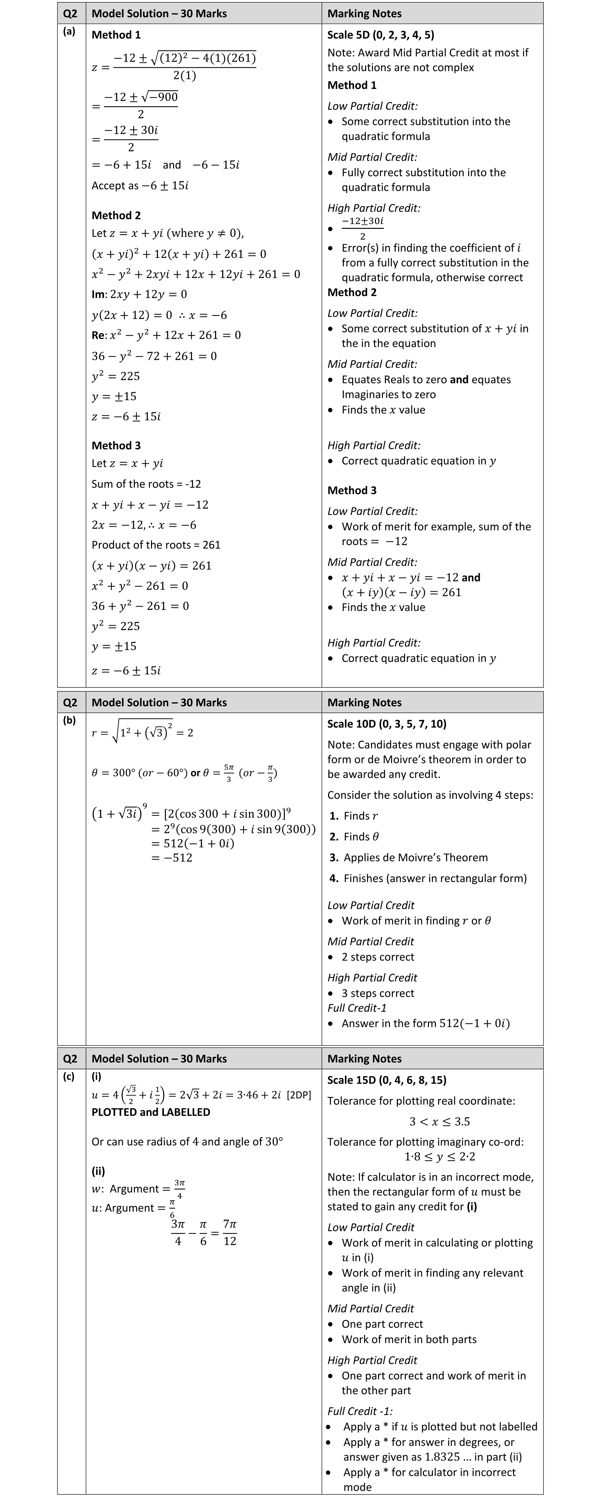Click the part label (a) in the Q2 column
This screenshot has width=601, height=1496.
pyautogui.click(x=69, y=32)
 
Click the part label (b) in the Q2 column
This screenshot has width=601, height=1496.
pyautogui.click(x=69, y=721)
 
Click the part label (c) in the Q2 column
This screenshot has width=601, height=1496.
pyautogui.click(x=69, y=1076)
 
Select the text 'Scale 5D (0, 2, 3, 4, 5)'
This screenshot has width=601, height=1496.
pyautogui.click(x=381, y=35)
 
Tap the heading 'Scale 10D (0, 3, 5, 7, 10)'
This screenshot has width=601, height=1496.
pyautogui.click(x=387, y=724)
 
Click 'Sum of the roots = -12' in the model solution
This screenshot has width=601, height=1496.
pyautogui.click(x=146, y=484)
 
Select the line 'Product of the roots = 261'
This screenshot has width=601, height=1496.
pyautogui.click(x=156, y=545)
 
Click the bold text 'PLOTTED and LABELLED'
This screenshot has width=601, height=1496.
pyautogui.click(x=151, y=1112)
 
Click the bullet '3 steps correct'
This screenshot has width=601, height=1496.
pyautogui.click(x=378, y=993)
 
